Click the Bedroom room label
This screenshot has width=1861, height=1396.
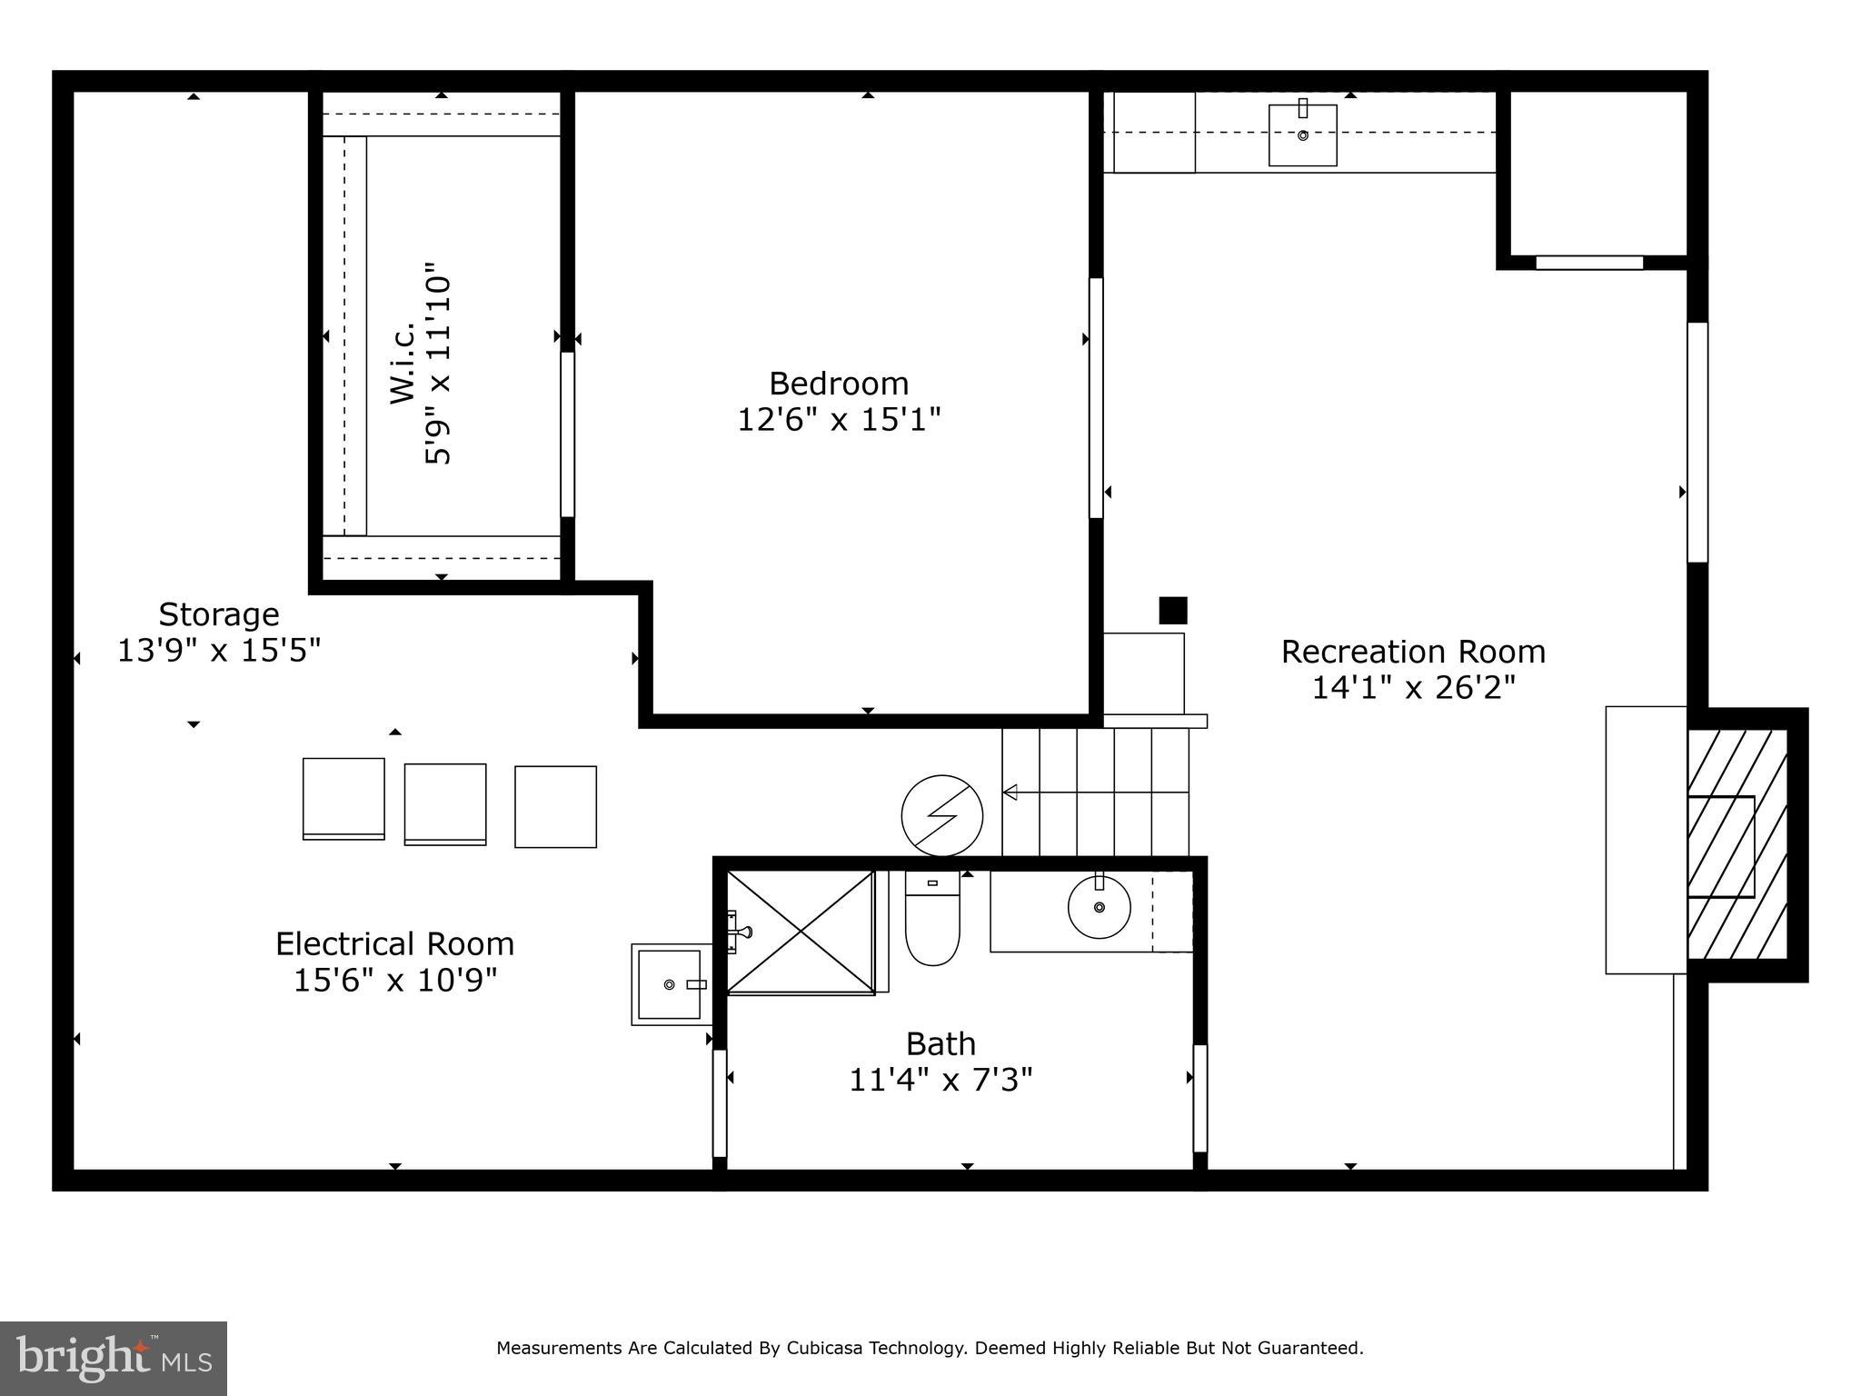(x=838, y=384)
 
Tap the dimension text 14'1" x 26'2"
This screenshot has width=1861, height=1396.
(x=1413, y=688)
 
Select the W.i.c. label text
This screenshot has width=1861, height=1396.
(x=403, y=362)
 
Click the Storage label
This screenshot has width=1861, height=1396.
(x=218, y=615)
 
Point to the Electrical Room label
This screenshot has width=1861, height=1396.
(x=394, y=944)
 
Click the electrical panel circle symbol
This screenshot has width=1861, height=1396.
(x=941, y=815)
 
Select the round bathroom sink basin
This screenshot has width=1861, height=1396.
(x=1099, y=907)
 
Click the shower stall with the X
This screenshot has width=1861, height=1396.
(x=800, y=932)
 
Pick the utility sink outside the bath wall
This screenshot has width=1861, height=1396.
(x=670, y=984)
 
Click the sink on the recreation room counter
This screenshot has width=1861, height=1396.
(x=1302, y=135)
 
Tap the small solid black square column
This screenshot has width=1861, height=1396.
(x=1172, y=610)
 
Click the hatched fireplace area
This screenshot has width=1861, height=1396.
(x=1737, y=844)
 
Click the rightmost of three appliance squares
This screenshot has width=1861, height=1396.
(x=555, y=807)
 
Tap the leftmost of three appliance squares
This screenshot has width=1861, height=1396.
(x=343, y=799)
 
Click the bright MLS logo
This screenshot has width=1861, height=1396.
(x=114, y=1359)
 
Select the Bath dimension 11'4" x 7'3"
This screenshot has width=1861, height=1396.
(x=940, y=1081)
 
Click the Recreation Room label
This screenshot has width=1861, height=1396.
(x=1413, y=652)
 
